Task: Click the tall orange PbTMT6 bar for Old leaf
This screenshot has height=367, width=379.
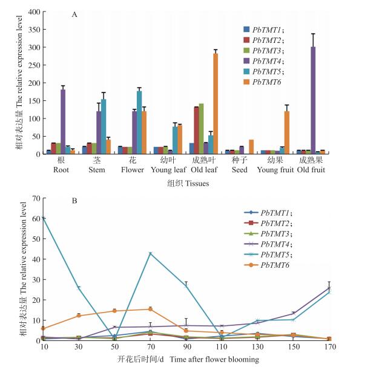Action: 215,103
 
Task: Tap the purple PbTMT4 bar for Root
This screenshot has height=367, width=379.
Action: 63,122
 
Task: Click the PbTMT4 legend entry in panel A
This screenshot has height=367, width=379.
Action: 266,60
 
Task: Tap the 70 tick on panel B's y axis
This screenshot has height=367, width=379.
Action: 37,198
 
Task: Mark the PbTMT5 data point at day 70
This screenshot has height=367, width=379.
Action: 151,253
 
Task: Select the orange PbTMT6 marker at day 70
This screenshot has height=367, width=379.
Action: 151,309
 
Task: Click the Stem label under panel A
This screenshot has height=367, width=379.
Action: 97,170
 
